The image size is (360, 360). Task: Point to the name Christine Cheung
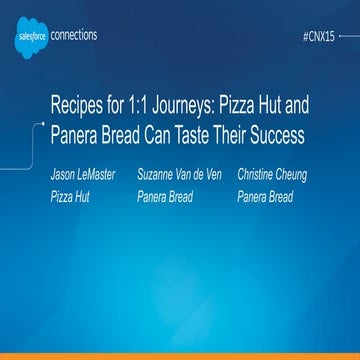click(x=271, y=176)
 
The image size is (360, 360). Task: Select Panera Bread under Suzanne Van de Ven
click(x=166, y=197)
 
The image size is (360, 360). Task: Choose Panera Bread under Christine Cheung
click(x=265, y=197)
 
